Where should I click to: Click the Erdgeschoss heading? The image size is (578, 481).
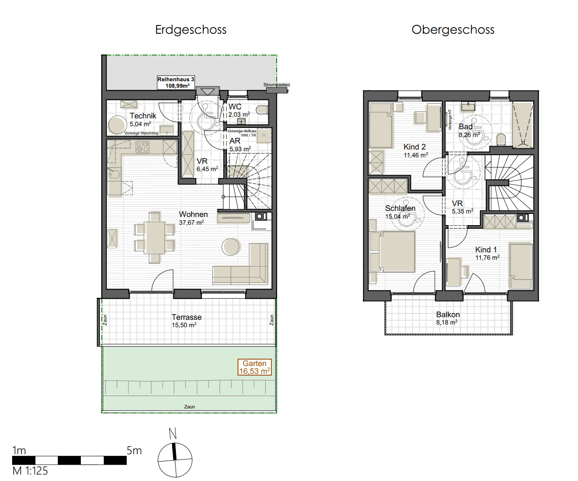191,30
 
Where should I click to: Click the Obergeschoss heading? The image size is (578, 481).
453,30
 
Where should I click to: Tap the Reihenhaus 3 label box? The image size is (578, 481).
176,83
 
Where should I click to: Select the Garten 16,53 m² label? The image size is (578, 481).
255,367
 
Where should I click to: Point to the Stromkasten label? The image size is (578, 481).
276,85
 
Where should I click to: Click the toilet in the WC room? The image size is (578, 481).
262,110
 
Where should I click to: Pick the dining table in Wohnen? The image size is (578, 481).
154,237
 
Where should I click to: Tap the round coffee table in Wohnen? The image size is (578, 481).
230,247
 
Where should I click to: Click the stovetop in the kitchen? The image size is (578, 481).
143,147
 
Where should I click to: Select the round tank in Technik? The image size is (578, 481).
117,125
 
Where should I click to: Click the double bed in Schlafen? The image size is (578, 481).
397,252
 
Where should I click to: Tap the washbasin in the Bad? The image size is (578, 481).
468,107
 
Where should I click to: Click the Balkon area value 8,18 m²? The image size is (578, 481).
447,322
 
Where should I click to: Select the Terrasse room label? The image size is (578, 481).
187,317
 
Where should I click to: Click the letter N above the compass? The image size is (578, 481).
173,433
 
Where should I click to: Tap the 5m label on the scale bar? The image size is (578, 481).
134,451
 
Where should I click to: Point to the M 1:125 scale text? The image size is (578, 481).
30,471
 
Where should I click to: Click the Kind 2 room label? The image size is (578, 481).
415,147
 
